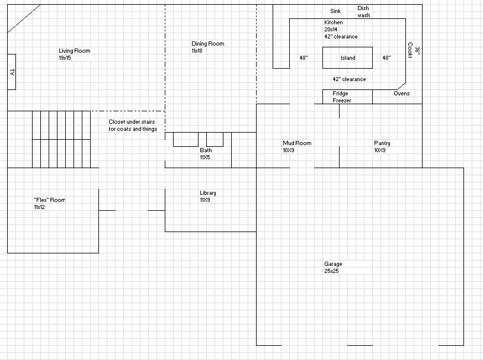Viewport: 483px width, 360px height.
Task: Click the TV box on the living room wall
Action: pyautogui.click(x=11, y=72)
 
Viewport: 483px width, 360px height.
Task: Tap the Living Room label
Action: pyautogui.click(x=74, y=52)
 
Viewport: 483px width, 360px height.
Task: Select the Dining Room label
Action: pyautogui.click(x=207, y=44)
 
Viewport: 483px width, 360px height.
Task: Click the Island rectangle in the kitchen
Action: pyautogui.click(x=347, y=58)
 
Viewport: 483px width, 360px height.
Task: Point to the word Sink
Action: pyautogui.click(x=335, y=11)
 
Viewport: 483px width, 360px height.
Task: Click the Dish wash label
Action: pyautogui.click(x=363, y=12)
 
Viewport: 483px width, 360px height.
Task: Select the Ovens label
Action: pyautogui.click(x=401, y=94)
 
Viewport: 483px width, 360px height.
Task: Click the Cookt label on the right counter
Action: pyautogui.click(x=410, y=52)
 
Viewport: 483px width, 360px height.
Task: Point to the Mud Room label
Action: pyautogui.click(x=297, y=143)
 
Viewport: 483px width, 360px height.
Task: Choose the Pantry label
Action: pyautogui.click(x=382, y=143)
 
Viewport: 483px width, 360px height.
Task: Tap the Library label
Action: pyautogui.click(x=207, y=193)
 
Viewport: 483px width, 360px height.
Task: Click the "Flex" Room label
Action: pyautogui.click(x=49, y=200)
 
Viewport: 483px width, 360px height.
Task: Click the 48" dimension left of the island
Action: pyautogui.click(x=303, y=58)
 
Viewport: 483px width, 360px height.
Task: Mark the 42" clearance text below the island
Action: pyautogui.click(x=349, y=79)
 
